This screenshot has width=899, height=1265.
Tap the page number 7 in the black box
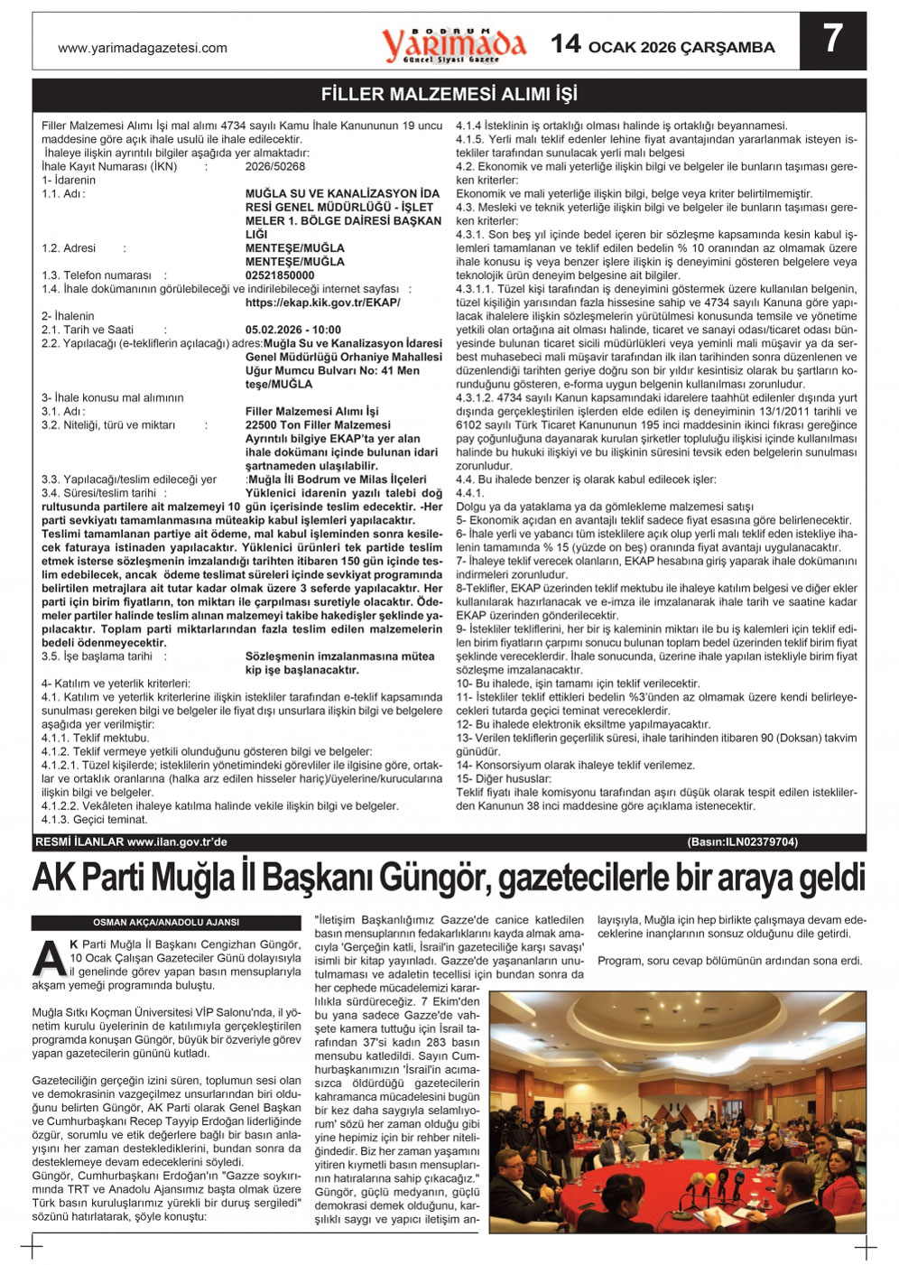pos(832,40)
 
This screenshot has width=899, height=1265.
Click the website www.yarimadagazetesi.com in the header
pos(143,48)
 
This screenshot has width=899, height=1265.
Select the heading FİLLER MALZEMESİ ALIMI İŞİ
pos(449,94)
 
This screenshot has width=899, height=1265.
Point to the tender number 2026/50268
pos(275,166)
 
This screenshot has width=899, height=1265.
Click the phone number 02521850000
pos(280,275)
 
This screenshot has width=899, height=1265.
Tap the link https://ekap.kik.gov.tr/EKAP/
pos(322,302)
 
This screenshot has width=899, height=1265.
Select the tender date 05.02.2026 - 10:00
pos(293,330)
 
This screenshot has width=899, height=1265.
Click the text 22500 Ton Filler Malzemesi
pos(318,424)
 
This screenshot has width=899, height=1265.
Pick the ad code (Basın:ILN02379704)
pos(742,842)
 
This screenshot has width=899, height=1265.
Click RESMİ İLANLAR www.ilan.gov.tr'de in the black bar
pos(131,842)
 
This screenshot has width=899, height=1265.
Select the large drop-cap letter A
pos(49,957)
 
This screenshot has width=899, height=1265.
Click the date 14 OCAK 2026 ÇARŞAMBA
pos(663,45)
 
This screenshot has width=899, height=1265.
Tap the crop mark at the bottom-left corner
pos(32,1249)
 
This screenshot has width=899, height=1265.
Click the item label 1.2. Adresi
pos(69,248)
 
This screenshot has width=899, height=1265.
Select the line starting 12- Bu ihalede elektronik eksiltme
pos(584,724)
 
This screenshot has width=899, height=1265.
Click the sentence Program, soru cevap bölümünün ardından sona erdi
pos(729,961)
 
